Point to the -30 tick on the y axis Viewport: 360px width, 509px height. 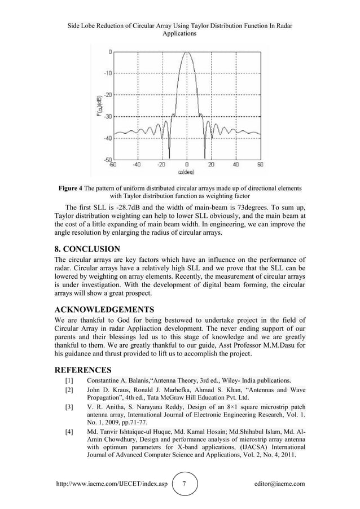point(106,116)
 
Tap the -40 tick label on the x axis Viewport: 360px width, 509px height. point(137,165)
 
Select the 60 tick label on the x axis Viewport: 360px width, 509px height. point(260,165)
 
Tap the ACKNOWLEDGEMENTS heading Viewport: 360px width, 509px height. point(104,310)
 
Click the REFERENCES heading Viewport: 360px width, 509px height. point(83,370)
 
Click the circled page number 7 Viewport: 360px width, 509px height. point(187,484)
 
